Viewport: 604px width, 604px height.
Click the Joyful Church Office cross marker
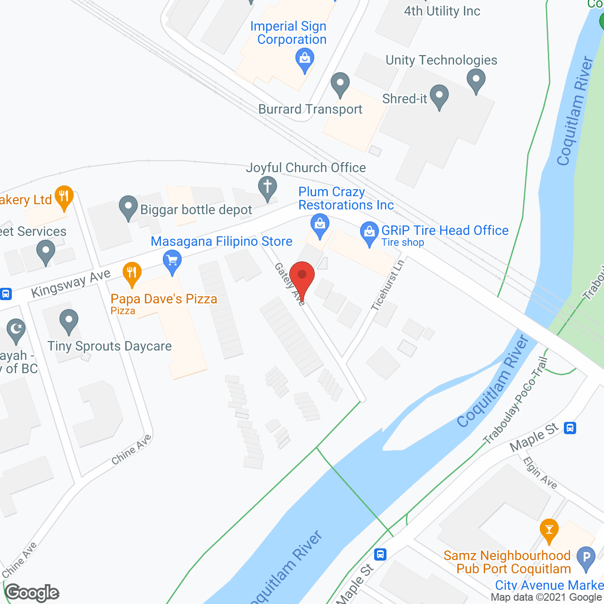pyautogui.click(x=268, y=187)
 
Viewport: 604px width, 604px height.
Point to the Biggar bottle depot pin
pyautogui.click(x=128, y=207)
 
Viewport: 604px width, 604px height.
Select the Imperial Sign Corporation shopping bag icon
pyautogui.click(x=305, y=60)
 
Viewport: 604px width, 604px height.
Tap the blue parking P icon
pyautogui.click(x=586, y=557)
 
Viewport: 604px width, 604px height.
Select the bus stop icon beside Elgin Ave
pyautogui.click(x=570, y=428)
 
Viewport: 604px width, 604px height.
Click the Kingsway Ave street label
pyautogui.click(x=71, y=283)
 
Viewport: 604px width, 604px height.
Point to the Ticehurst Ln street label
pyautogui.click(x=387, y=285)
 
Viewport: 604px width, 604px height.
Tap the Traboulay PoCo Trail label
pyautogui.click(x=516, y=401)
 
